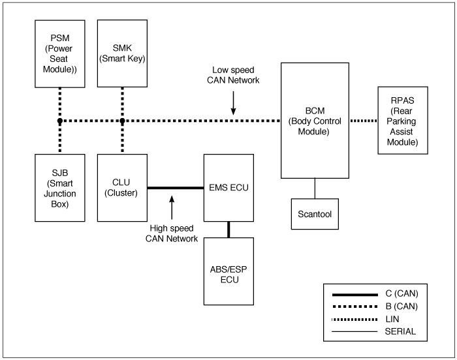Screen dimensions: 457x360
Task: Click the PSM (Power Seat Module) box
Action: point(60,54)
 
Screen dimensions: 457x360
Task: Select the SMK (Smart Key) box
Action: point(122,53)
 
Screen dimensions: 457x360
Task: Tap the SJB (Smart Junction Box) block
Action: point(60,188)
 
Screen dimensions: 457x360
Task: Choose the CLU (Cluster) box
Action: point(122,188)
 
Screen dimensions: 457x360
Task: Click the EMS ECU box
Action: point(228,188)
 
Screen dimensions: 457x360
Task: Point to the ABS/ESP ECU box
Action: point(228,271)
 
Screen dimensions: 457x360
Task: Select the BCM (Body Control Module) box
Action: point(315,120)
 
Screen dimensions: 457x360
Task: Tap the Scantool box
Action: point(315,214)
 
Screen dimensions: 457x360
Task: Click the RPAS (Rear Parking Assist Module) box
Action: point(403,120)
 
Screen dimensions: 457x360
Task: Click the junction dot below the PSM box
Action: point(60,121)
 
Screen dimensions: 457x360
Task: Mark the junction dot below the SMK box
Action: point(122,121)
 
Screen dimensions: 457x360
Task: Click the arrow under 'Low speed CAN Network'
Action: point(233,103)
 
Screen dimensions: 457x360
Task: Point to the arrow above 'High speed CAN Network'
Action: point(172,207)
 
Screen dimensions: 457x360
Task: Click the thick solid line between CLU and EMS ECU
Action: point(176,188)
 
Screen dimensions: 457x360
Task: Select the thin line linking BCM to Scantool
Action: point(315,188)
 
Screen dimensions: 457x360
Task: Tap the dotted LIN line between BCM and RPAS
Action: point(364,121)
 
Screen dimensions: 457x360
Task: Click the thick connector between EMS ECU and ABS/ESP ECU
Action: point(228,230)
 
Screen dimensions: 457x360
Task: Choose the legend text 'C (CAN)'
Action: point(402,293)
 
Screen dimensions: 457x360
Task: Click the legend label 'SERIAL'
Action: point(400,331)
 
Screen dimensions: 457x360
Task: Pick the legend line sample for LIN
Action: point(355,320)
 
